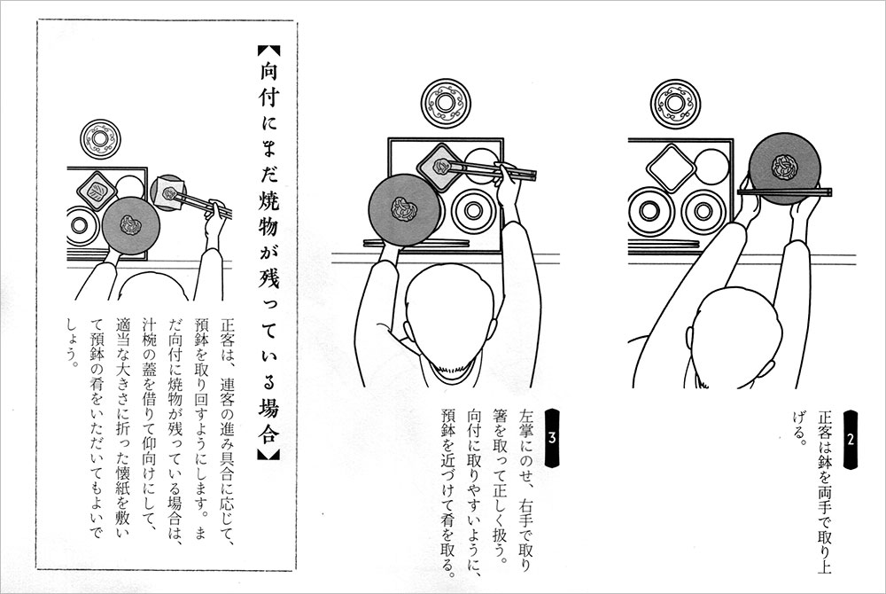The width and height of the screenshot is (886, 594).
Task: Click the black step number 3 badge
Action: click(552, 438)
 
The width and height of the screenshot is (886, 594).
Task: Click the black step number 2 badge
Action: click(850, 440)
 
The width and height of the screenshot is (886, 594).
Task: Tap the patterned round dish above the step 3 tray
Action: click(445, 103)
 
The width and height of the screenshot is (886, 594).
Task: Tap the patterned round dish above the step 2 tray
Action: click(674, 104)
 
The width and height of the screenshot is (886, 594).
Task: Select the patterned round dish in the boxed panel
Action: click(101, 139)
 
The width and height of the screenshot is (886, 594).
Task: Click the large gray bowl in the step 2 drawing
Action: click(784, 168)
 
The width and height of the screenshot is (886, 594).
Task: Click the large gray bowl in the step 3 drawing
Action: click(404, 210)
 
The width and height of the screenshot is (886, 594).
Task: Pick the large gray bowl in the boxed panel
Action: click(131, 226)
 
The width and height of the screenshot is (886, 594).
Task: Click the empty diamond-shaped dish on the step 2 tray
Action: click(671, 168)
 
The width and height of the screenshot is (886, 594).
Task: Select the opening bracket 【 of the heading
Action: click(268, 51)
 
